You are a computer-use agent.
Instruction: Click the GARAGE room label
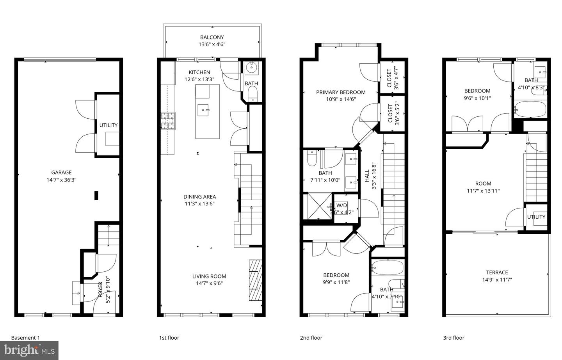(x=62, y=173)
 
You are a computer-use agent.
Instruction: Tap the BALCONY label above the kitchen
(x=212, y=37)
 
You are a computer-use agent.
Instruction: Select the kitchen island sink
(x=203, y=110)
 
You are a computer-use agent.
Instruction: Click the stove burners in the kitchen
(x=168, y=121)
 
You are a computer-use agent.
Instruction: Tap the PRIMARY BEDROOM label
(x=341, y=93)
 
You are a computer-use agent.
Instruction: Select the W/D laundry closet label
(x=342, y=205)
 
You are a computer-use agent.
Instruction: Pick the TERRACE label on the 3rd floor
(x=497, y=273)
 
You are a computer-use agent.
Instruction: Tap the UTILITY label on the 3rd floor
(x=536, y=217)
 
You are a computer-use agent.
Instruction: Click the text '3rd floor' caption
(x=454, y=338)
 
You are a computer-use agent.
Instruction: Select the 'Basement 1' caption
(x=25, y=338)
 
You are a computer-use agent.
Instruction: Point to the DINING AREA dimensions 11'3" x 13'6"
(x=200, y=203)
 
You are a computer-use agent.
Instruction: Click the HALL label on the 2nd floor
(x=367, y=178)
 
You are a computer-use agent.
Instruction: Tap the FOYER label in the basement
(x=100, y=289)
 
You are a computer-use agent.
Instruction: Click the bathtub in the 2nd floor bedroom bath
(x=387, y=268)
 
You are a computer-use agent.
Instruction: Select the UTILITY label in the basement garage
(x=108, y=125)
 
